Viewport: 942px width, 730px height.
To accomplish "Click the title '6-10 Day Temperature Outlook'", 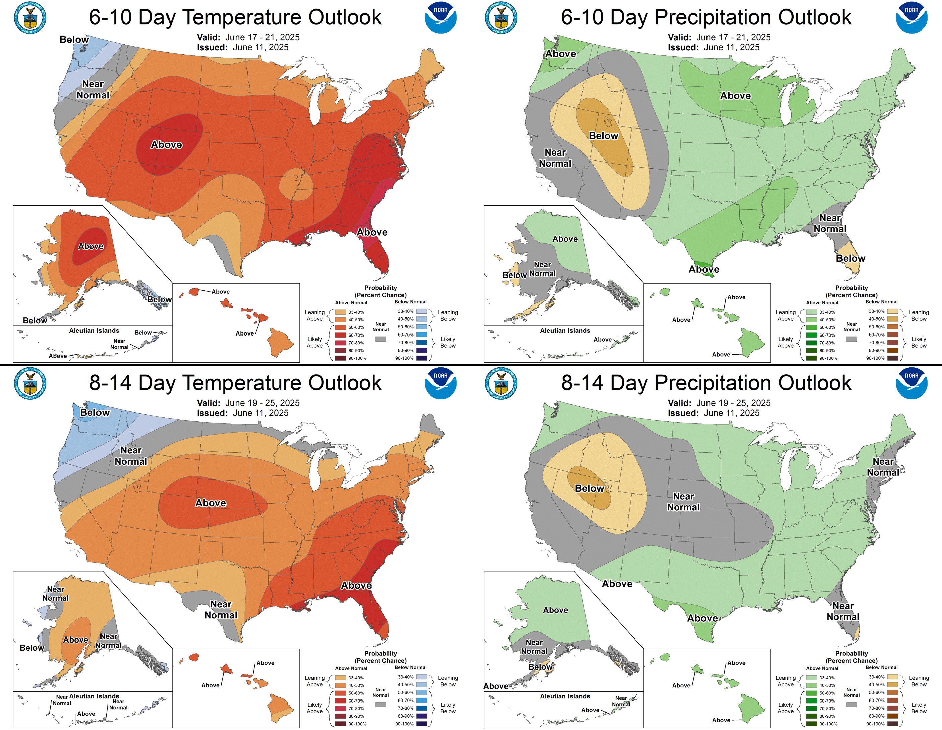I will click(235, 17).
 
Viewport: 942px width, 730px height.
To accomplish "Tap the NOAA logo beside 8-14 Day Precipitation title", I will click(912, 383).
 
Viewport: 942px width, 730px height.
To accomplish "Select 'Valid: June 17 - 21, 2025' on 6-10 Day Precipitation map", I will click(719, 37).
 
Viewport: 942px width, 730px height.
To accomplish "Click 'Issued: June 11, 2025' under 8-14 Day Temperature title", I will click(243, 413).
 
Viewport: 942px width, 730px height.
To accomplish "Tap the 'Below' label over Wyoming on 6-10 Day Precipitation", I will click(603, 136).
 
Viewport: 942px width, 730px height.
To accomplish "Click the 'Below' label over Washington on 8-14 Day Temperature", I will click(95, 413).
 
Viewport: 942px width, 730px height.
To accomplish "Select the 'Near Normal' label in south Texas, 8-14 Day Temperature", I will click(221, 610).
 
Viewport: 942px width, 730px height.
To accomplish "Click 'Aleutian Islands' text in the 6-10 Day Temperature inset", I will click(94, 331).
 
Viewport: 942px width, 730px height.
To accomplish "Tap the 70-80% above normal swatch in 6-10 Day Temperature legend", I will click(341, 343).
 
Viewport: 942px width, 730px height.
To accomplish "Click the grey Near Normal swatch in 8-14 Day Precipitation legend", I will click(852, 705).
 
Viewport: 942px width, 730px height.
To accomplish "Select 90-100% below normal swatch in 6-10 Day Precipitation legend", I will click(892, 358).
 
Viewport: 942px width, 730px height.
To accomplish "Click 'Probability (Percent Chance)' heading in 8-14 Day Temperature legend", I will click(381, 657).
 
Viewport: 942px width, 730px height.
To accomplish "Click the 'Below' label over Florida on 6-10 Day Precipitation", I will click(850, 258).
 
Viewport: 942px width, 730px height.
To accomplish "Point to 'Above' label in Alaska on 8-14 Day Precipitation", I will click(555, 610).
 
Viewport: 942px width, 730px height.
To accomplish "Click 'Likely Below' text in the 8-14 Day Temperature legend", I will click(448, 708).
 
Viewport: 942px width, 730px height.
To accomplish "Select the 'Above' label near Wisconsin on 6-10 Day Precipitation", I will click(735, 96).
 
